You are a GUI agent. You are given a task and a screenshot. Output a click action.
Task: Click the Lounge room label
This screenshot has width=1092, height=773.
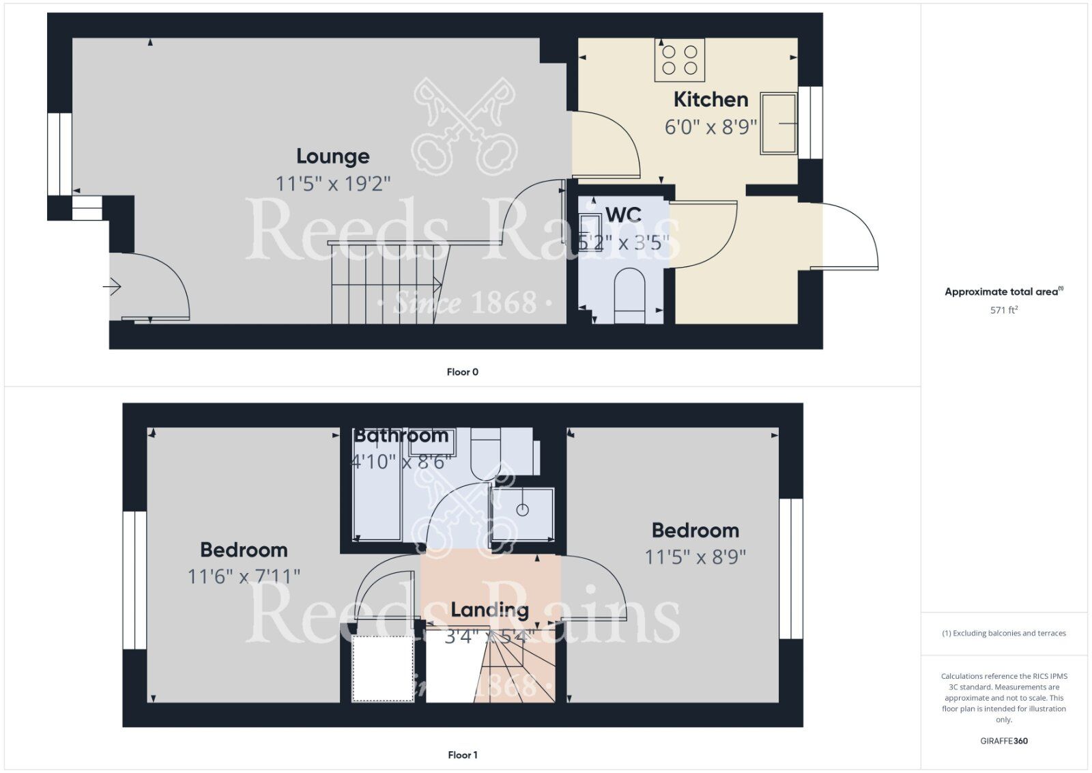tap(332, 156)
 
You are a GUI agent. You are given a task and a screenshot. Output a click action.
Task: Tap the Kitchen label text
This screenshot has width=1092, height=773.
tap(710, 100)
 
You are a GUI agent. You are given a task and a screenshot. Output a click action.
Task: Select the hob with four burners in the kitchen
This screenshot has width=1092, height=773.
tap(680, 59)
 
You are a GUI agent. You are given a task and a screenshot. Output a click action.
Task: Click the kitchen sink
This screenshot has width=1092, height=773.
tap(779, 124)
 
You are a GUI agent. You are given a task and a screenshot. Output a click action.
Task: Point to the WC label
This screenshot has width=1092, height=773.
tap(623, 215)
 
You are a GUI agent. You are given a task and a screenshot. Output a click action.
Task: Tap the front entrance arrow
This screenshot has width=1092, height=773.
tap(112, 286)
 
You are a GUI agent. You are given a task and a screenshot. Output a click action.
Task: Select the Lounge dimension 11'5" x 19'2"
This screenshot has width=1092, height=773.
tap(332, 184)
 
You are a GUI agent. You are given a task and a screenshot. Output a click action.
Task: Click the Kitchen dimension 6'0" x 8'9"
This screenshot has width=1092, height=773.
tap(710, 127)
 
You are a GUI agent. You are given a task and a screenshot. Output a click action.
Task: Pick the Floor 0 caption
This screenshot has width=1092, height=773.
tap(462, 372)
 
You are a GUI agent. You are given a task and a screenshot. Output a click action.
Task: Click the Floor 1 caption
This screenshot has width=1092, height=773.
tap(462, 755)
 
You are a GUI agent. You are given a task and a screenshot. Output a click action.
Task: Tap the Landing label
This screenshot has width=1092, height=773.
tap(489, 610)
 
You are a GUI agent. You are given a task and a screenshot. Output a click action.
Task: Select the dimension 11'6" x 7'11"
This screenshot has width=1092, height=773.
tap(244, 576)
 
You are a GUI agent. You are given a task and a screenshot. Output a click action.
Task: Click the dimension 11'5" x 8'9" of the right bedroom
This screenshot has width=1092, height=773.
tap(695, 557)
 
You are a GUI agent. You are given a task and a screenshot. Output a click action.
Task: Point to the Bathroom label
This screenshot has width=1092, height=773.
tap(401, 436)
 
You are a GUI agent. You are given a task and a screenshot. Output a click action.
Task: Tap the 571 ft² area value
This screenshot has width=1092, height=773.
tap(1003, 310)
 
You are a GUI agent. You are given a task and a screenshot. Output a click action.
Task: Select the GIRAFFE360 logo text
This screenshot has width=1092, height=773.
tap(1003, 741)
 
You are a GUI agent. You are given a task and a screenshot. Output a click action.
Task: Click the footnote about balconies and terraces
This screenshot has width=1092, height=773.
tap(1003, 633)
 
